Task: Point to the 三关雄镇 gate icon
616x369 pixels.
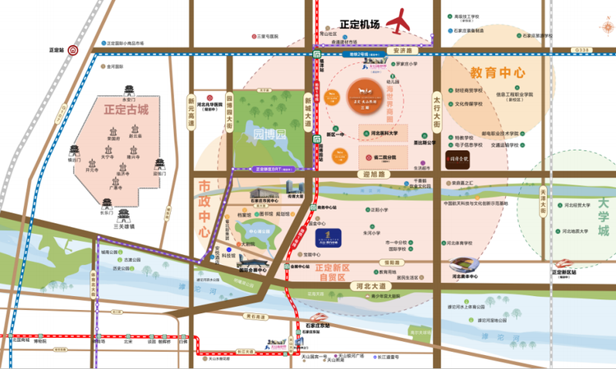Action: (x=123, y=216)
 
